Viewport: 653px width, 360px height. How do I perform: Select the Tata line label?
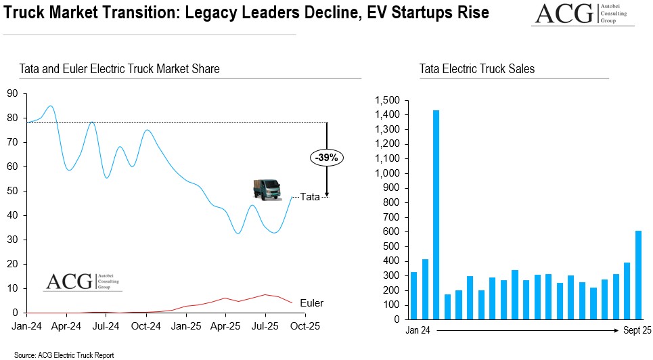[310, 197]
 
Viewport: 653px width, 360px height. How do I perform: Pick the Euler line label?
[311, 303]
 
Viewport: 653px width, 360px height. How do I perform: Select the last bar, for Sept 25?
[638, 274]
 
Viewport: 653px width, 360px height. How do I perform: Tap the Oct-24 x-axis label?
[145, 325]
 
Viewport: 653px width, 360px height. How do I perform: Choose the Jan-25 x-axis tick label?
[185, 325]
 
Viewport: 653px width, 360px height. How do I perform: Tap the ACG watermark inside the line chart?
[83, 282]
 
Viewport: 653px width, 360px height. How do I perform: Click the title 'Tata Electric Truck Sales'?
[476, 69]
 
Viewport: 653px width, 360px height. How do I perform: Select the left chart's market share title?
[119, 69]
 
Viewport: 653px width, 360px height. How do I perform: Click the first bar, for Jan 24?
[413, 294]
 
